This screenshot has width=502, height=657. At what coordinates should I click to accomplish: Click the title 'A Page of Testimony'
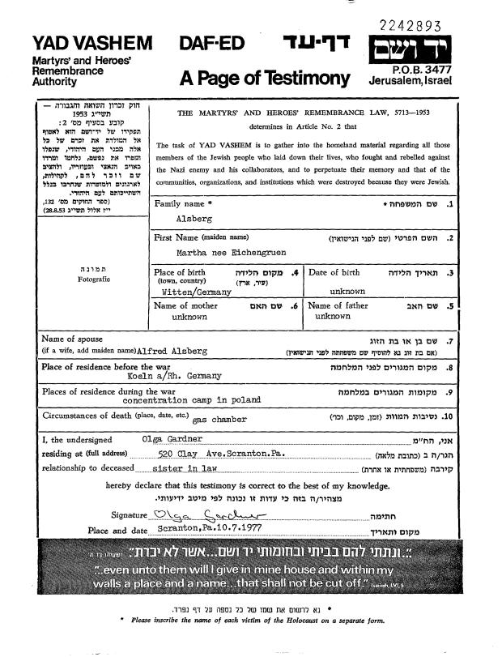click(x=264, y=78)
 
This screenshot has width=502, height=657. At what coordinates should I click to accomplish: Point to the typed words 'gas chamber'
click(x=220, y=420)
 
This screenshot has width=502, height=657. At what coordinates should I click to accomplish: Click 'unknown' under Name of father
click(x=333, y=317)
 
